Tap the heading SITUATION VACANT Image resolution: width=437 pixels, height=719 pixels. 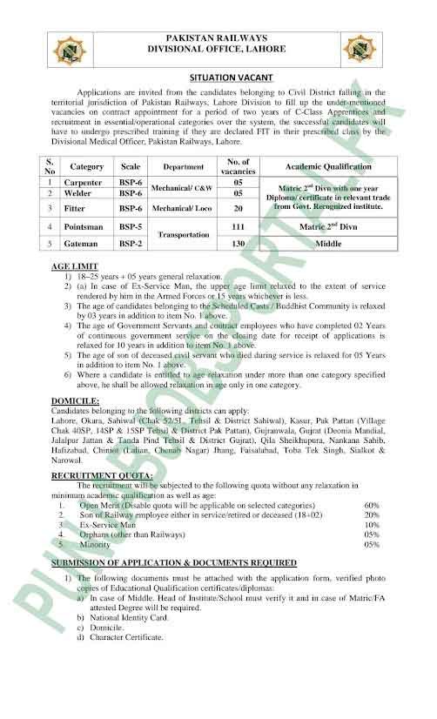tap(218, 77)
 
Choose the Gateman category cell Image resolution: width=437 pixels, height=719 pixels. tap(83, 243)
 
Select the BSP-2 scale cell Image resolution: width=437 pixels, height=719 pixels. tap(131, 243)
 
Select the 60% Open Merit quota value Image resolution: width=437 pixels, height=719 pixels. tap(372, 505)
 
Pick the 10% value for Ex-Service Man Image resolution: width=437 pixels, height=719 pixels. tap(372, 525)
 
